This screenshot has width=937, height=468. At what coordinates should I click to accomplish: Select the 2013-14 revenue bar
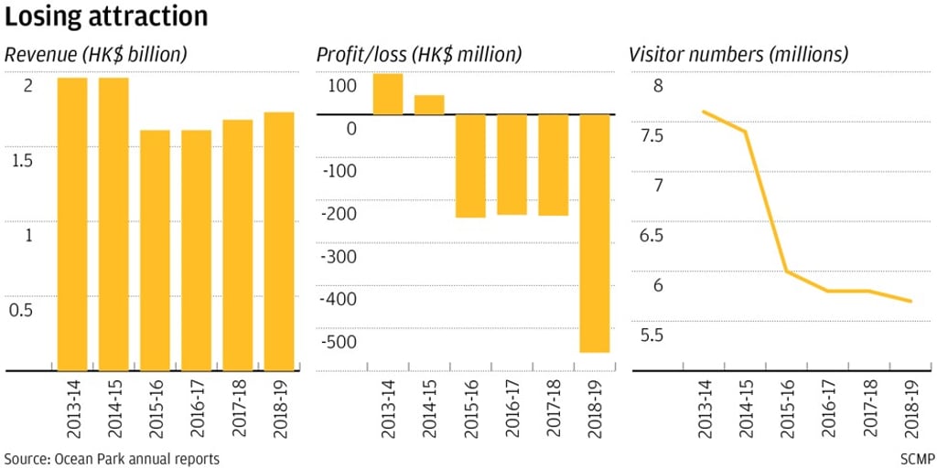pos(72,224)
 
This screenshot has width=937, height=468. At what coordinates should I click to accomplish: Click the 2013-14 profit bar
pos(388,94)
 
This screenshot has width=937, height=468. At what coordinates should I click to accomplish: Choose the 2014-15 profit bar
pos(429,105)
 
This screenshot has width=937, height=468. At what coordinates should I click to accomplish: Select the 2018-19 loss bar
pos(595,233)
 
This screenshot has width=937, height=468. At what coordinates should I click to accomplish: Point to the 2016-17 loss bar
pos(512,165)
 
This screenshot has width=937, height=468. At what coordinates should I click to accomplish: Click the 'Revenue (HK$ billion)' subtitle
pos(96,55)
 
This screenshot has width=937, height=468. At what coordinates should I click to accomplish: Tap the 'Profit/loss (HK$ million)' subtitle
pos(419,55)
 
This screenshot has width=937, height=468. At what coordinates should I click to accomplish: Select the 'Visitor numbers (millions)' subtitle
pos(738,55)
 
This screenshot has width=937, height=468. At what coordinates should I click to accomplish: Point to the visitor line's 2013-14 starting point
pos(703,112)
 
